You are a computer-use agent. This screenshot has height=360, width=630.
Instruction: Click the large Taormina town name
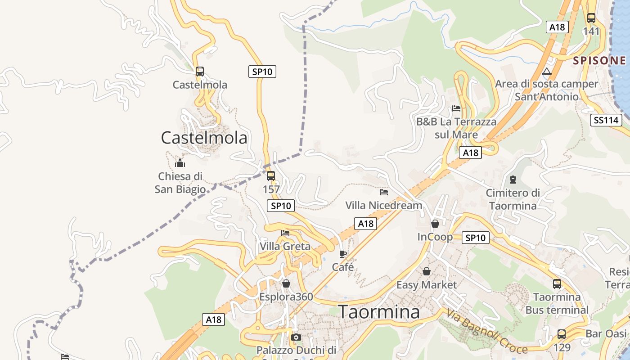coord(379,312)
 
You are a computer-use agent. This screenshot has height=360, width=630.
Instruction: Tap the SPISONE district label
coord(599,61)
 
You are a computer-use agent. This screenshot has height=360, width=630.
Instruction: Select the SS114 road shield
coord(606,120)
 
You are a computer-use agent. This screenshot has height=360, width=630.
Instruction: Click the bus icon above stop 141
coord(591,18)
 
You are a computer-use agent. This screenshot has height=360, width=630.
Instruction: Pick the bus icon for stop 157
coord(271,176)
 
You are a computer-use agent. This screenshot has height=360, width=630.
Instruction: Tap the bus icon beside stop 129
coord(562,334)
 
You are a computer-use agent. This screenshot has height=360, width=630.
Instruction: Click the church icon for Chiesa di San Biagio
coord(180,163)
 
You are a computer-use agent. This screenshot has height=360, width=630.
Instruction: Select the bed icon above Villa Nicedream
coord(384,192)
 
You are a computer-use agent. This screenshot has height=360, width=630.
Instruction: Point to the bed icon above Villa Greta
coord(285,233)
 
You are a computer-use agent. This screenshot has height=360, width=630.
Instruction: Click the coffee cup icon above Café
coord(343,254)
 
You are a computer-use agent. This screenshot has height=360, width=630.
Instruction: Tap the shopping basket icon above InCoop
coord(435,224)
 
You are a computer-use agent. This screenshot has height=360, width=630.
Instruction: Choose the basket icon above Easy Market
coord(426,271)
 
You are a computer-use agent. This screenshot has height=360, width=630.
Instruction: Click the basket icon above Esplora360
coord(286,283)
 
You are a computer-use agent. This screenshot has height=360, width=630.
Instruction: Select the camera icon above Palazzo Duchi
coord(296,337)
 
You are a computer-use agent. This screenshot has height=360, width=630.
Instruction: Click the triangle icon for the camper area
coord(547,71)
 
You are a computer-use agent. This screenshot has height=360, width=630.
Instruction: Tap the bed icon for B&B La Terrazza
coord(456,108)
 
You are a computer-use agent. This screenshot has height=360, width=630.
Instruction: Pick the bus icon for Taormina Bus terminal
coord(557,284)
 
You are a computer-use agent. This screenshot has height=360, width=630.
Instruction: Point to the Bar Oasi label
coord(606,334)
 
